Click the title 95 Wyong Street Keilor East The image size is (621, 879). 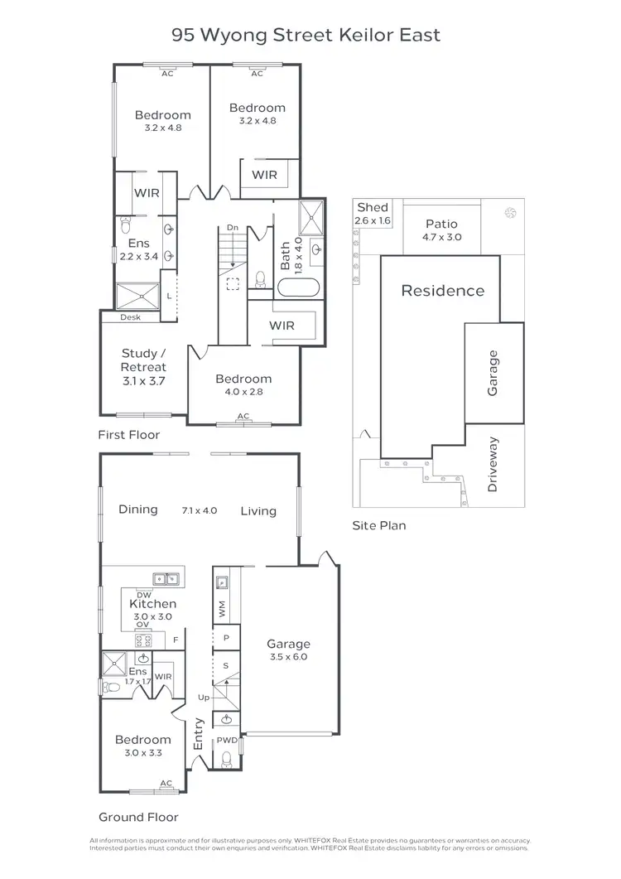[306, 35]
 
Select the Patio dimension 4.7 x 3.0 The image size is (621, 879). [441, 237]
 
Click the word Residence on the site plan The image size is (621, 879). [442, 291]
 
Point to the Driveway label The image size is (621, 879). [493, 465]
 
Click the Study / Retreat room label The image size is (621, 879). [144, 360]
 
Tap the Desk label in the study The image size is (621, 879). [130, 317]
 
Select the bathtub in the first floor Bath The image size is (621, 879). [296, 287]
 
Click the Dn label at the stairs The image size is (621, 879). [232, 227]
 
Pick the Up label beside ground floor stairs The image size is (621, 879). [204, 698]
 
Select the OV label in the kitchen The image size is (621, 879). [142, 624]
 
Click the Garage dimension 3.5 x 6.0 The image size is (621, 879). [288, 658]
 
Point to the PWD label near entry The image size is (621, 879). [226, 741]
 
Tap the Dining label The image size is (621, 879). [138, 510]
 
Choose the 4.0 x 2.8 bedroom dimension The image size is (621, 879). [243, 392]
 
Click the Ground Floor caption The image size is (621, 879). [138, 817]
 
